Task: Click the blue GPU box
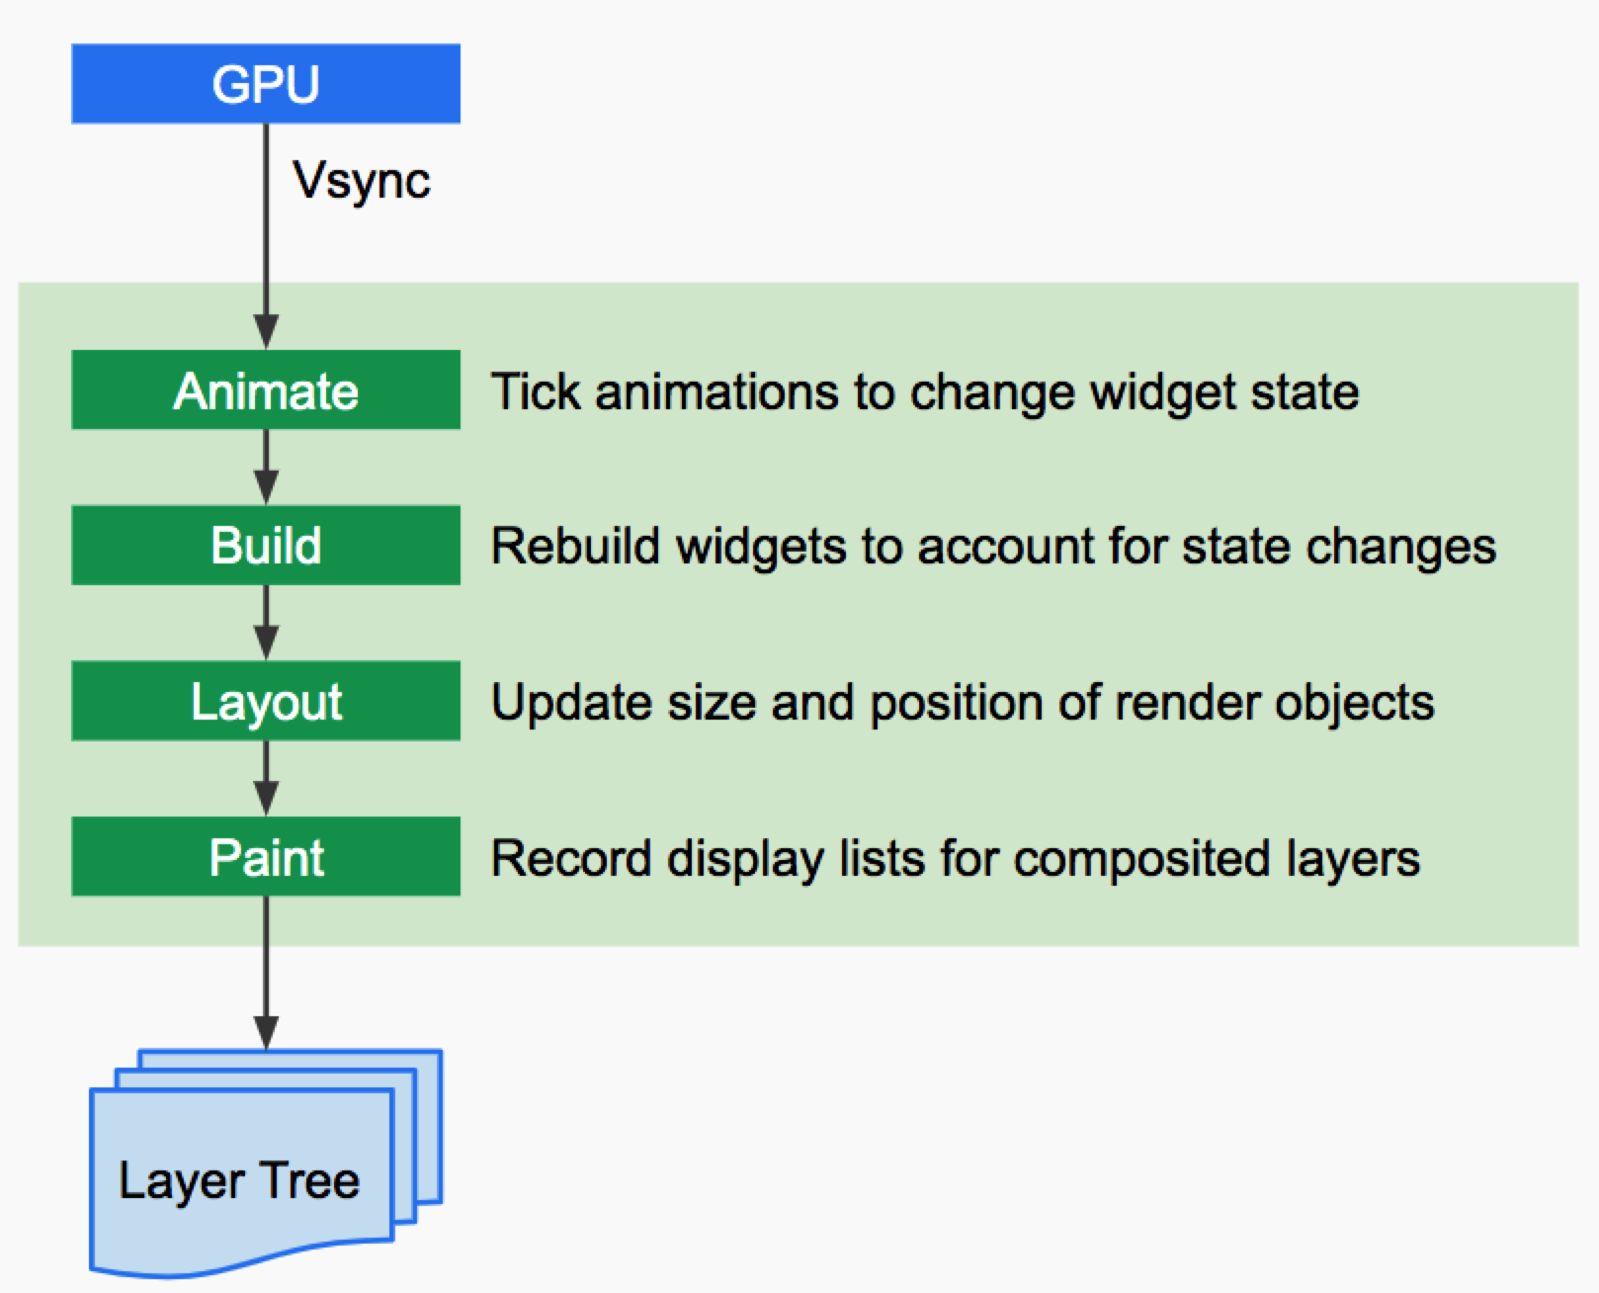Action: point(266,83)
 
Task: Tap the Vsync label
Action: point(362,181)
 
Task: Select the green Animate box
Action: point(266,389)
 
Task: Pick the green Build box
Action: point(266,545)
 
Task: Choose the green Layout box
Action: point(266,701)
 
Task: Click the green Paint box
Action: point(266,856)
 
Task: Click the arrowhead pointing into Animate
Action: point(266,332)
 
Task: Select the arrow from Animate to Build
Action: point(266,467)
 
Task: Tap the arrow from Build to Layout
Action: point(266,623)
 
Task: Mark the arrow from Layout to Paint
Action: point(266,779)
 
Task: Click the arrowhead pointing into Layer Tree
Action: point(266,1033)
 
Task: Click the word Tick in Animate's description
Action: point(536,391)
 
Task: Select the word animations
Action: point(716,391)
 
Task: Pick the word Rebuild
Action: point(575,546)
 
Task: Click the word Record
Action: point(571,858)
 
